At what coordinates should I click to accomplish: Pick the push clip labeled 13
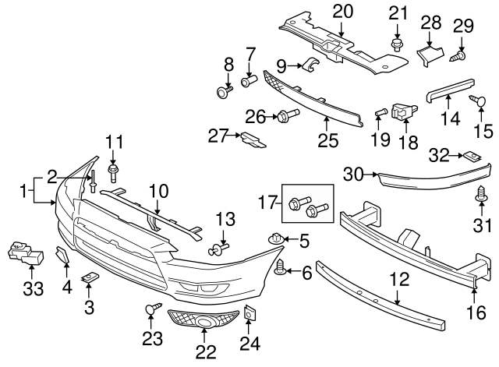pos(218,250)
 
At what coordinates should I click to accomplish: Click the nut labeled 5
pos(274,238)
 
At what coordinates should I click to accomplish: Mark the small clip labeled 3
pos(91,277)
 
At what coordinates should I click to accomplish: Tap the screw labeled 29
pos(457,56)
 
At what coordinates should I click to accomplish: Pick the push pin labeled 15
pos(475,99)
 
